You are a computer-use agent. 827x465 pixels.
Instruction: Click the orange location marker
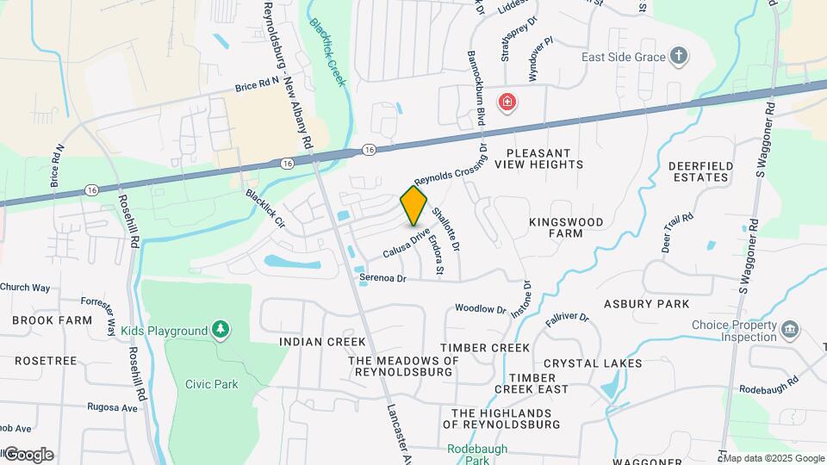pos(413,206)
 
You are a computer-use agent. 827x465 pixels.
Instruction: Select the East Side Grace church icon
pos(680,57)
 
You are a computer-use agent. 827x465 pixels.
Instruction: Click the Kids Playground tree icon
pos(221,330)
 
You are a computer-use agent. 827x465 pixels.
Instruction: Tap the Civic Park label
pos(211,384)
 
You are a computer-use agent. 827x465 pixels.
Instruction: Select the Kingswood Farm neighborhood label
pos(567,227)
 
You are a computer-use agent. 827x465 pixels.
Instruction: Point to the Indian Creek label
pos(312,342)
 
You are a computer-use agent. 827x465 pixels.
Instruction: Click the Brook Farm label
pos(52,320)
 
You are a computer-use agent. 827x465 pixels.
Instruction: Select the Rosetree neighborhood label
pos(45,361)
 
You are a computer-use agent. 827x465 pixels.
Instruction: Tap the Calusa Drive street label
pos(406,244)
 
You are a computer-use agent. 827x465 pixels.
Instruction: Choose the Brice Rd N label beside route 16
pos(258,85)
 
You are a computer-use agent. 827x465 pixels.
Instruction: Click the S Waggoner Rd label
pos(749,225)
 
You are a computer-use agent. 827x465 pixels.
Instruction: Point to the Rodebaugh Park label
pos(477,455)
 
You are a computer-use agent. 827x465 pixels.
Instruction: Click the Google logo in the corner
pos(28,455)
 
